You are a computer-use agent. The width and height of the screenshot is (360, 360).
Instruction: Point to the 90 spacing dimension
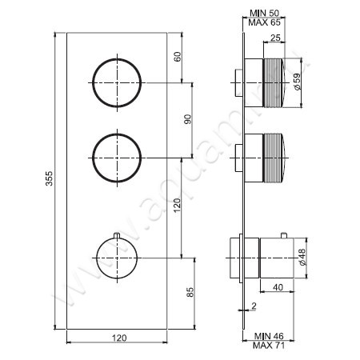(188, 118)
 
